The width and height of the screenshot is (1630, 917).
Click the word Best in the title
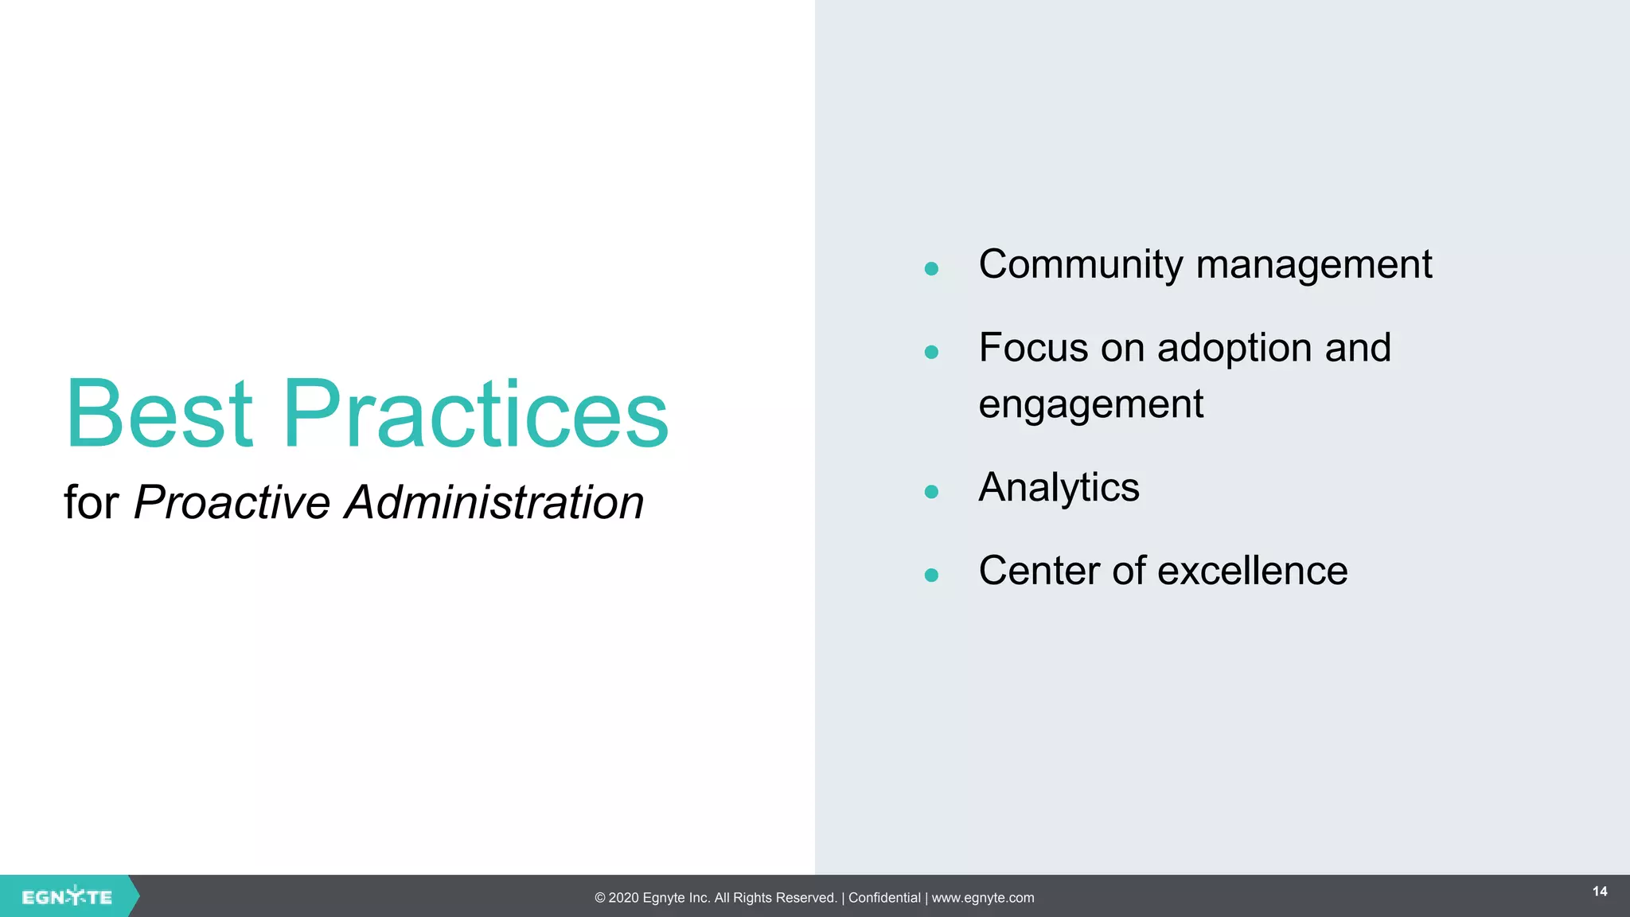[x=159, y=414]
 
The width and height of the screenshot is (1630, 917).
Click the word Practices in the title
[x=475, y=414]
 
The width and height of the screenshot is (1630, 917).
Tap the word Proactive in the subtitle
[x=232, y=503]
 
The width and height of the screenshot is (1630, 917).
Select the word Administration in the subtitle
[x=493, y=503]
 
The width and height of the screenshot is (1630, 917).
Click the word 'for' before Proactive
[x=91, y=503]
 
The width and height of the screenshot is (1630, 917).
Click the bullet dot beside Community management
[x=931, y=269]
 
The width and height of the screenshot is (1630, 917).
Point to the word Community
[x=1080, y=265]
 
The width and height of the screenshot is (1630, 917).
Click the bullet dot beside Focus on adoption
[x=931, y=352]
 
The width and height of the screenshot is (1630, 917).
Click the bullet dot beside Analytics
[x=931, y=492]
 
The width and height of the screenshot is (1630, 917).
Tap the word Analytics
[x=1059, y=488]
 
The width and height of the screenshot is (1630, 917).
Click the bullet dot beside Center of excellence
[x=931, y=575]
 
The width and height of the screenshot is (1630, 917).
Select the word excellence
[x=1253, y=571]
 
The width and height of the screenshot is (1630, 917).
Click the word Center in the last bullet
[x=1039, y=571]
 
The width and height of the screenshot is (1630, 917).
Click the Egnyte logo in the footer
[x=67, y=897]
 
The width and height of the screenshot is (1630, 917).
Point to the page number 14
[x=1600, y=892]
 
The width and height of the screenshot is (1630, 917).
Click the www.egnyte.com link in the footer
[x=983, y=898]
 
